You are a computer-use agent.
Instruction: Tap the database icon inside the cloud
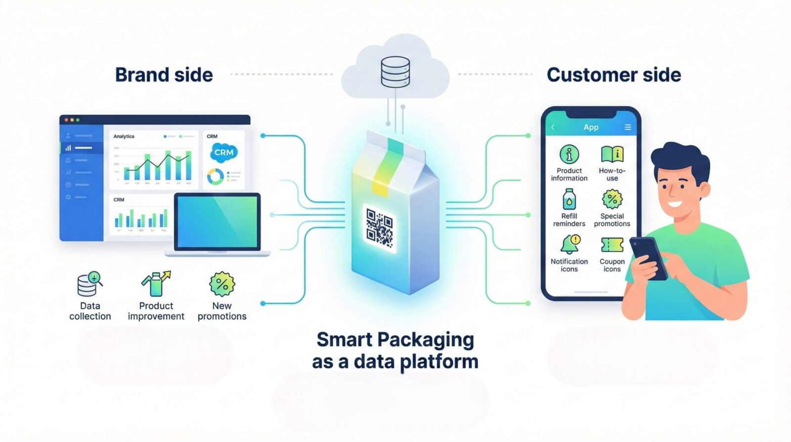(395, 72)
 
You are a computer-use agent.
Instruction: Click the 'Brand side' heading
(164, 75)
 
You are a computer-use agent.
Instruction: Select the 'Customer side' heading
(614, 75)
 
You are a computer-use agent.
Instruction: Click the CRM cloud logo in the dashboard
(223, 152)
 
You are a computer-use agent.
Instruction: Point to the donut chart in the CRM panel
(215, 176)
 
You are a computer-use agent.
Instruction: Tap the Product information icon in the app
(569, 154)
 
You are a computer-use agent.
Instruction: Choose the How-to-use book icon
(612, 154)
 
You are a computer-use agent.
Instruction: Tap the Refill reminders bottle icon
(569, 199)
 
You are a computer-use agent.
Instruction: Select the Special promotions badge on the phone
(612, 199)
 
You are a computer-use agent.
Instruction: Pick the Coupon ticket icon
(612, 245)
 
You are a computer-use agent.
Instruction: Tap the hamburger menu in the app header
(627, 127)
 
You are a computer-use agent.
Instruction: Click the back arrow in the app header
(553, 127)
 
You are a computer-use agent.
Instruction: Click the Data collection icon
(89, 284)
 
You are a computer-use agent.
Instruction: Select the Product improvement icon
(156, 284)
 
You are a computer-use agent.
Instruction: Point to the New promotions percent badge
(222, 284)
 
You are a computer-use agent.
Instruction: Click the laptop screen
(218, 222)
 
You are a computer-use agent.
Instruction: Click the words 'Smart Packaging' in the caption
(395, 340)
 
